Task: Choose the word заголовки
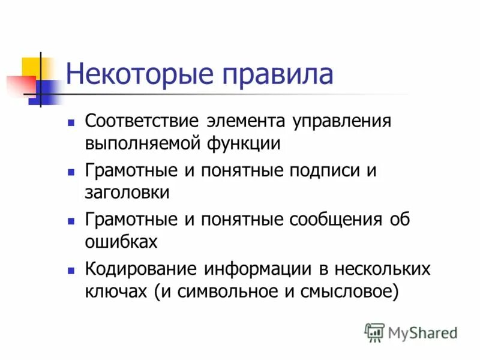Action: pos(127,193)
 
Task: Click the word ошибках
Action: pos(122,242)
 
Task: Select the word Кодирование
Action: pos(141,269)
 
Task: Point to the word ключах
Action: pos(116,292)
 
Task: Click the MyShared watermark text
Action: pos(422,332)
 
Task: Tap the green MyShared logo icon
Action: pos(374,332)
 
